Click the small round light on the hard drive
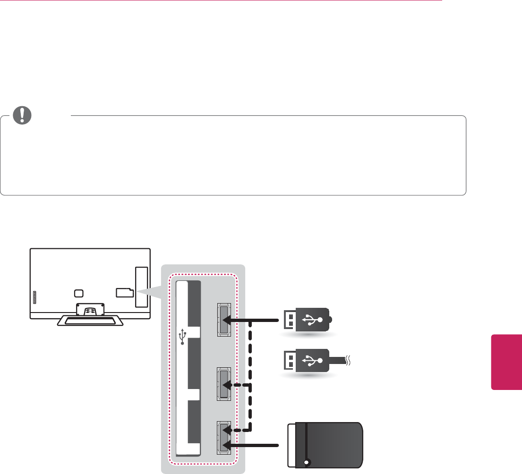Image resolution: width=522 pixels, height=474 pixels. [x=308, y=463]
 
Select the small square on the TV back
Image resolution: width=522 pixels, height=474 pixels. [x=79, y=293]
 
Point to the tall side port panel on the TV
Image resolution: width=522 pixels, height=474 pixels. [x=141, y=288]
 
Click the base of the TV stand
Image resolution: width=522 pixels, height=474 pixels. [x=90, y=322]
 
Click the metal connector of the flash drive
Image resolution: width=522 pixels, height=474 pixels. [x=289, y=320]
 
